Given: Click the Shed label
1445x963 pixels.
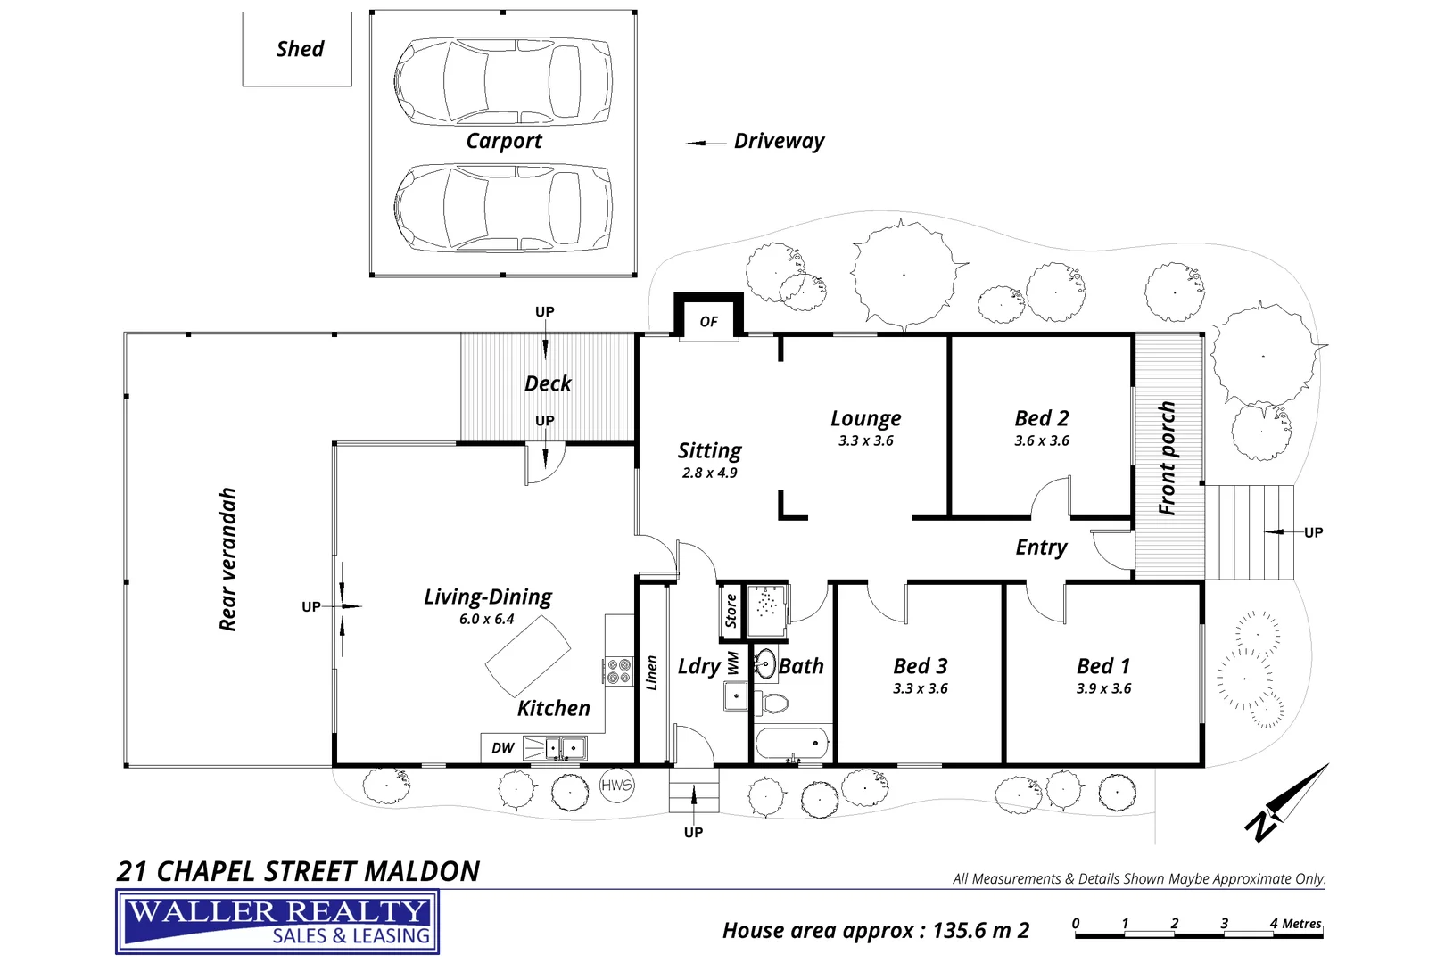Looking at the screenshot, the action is pyautogui.click(x=300, y=49).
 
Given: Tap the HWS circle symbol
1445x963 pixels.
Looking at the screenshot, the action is pyautogui.click(x=616, y=785).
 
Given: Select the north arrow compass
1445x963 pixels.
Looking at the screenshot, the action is pyautogui.click(x=1285, y=803).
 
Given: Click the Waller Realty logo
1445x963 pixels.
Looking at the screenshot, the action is pyautogui.click(x=277, y=921).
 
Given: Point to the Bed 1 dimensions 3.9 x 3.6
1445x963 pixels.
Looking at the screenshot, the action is pyautogui.click(x=1103, y=688).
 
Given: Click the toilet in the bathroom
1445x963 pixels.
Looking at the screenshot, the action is pyautogui.click(x=771, y=703).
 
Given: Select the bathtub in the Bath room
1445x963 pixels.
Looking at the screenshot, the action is pyautogui.click(x=792, y=745).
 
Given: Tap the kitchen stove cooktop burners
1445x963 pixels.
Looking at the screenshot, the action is pyautogui.click(x=619, y=671).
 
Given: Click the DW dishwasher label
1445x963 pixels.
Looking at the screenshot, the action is pyautogui.click(x=502, y=747).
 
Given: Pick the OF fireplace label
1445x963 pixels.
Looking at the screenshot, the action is pyautogui.click(x=708, y=321).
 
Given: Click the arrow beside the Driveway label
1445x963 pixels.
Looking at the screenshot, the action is pyautogui.click(x=705, y=143).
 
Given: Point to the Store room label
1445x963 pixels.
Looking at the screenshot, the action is pyautogui.click(x=731, y=610).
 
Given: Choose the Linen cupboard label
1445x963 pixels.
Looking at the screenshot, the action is pyautogui.click(x=651, y=672).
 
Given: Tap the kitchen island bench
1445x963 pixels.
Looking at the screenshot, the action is pyautogui.click(x=528, y=656).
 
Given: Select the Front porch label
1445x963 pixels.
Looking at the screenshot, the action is pyautogui.click(x=1168, y=458).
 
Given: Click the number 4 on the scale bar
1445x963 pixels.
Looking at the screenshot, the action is pyautogui.click(x=1274, y=923).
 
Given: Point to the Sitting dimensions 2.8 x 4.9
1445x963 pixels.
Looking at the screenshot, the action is pyautogui.click(x=710, y=473).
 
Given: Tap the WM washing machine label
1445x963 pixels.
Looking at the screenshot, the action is pyautogui.click(x=733, y=663).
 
